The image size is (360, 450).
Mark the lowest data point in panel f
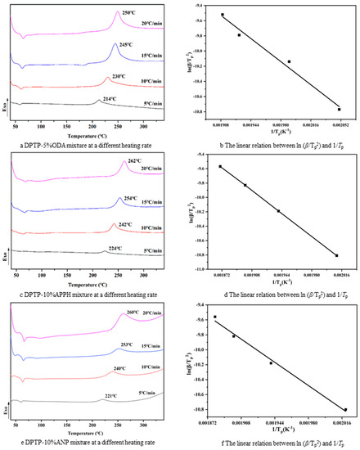pos(345,409)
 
